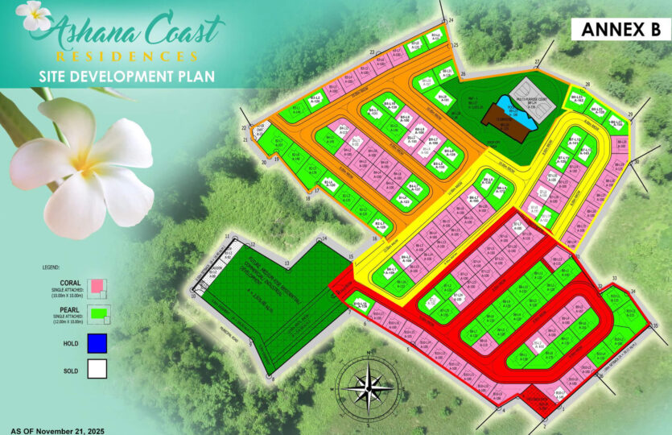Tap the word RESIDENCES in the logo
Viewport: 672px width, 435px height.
[127, 56]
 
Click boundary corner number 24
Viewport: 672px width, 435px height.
[451, 19]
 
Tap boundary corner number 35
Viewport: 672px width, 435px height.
[655, 325]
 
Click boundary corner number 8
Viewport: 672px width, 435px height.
[272, 379]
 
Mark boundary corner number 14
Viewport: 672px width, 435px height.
[324, 239]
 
